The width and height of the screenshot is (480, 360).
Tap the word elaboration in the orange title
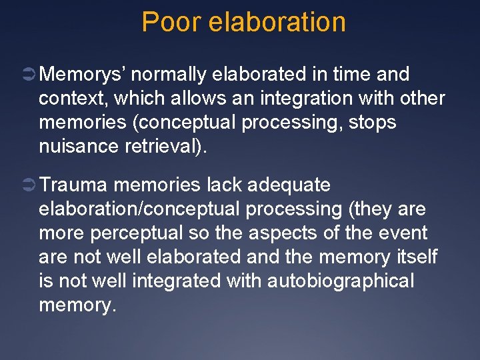[x=277, y=22]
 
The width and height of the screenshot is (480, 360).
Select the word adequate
[x=288, y=185]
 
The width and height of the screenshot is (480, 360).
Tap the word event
[x=403, y=233]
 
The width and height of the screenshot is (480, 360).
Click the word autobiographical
[x=341, y=281]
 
